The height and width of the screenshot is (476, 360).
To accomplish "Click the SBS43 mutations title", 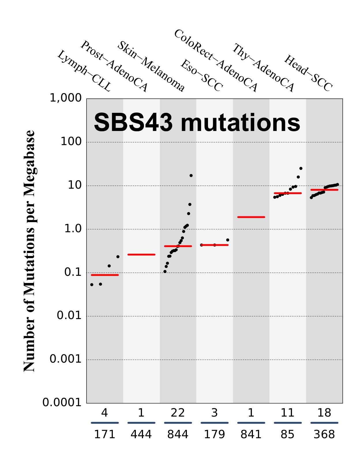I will point(197,123).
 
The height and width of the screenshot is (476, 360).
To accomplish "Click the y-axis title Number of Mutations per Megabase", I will point(29,251).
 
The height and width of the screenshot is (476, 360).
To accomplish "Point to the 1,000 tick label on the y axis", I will point(66,98).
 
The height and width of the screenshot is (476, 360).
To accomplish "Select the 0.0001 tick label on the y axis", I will point(62,402).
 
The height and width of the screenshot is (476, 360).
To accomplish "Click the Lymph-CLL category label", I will point(84,71).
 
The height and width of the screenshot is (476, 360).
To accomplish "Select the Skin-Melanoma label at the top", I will point(150,66).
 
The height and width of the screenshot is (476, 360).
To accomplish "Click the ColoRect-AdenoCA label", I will point(215,61).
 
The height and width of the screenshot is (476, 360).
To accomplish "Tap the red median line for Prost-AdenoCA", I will point(141,254).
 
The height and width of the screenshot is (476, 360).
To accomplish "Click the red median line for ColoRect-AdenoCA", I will point(251,217).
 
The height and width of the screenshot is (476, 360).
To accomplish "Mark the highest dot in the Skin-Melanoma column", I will point(191,175).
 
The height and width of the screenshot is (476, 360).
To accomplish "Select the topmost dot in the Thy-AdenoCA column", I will point(301,168).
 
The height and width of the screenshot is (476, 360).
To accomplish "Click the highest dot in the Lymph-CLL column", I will point(118,257).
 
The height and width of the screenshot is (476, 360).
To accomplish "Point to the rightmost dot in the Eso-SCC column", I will point(228,240).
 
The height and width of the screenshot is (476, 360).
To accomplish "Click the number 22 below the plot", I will point(178,413).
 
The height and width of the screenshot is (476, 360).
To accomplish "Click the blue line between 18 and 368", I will point(324,423).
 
